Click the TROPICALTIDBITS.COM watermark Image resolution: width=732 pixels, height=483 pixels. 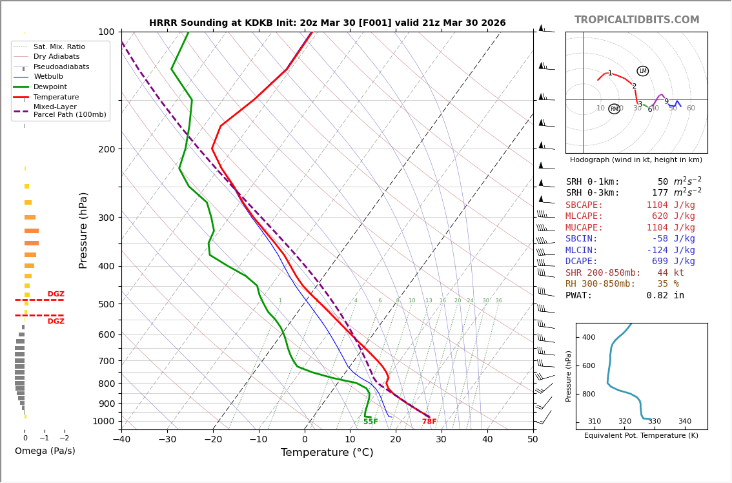pyautogui.click(x=636, y=20)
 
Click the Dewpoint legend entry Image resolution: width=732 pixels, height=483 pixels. pyautogui.click(x=50, y=87)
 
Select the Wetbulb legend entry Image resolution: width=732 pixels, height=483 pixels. pyautogui.click(x=48, y=77)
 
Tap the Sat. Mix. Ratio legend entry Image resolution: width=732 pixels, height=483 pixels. pyautogui.click(x=59, y=46)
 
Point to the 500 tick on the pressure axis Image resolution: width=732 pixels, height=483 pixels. pyautogui.click(x=107, y=304)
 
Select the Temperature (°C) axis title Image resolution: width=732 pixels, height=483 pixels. pyautogui.click(x=327, y=453)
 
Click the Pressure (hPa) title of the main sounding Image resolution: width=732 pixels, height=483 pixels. pyautogui.click(x=83, y=230)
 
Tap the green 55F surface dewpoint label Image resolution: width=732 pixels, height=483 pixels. pyautogui.click(x=371, y=422)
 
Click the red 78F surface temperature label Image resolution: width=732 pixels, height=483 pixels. pyautogui.click(x=429, y=422)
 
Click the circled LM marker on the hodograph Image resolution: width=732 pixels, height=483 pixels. pyautogui.click(x=643, y=71)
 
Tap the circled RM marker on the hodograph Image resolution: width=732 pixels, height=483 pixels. pyautogui.click(x=615, y=109)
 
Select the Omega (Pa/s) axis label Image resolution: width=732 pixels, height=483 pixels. pyautogui.click(x=45, y=451)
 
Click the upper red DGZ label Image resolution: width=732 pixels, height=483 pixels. pyautogui.click(x=56, y=294)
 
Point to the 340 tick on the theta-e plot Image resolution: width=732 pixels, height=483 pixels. pyautogui.click(x=684, y=422)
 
